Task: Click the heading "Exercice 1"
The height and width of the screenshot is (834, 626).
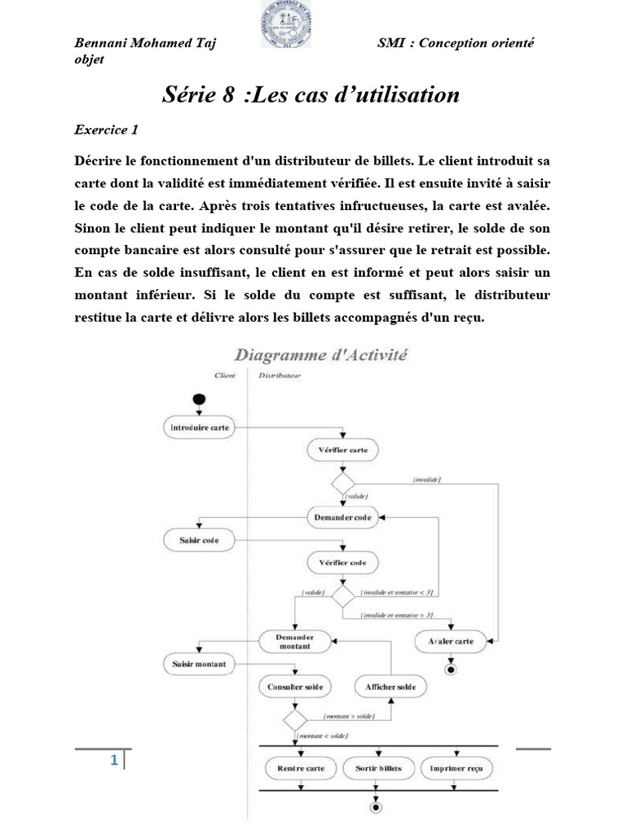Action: pos(106,129)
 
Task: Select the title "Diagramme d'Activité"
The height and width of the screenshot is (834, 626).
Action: pos(320,354)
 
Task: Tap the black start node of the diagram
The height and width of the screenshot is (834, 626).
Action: pos(198,399)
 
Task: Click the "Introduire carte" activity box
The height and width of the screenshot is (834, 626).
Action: pos(199,426)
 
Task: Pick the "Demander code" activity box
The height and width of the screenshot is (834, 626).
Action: pos(342,516)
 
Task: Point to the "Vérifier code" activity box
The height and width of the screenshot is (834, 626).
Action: pos(342,562)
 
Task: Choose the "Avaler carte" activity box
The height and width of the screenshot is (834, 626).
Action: pos(451,641)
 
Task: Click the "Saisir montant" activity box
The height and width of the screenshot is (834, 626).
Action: pos(199,664)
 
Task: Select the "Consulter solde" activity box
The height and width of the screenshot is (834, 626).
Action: pos(295,687)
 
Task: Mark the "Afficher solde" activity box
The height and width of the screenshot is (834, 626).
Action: pos(390,687)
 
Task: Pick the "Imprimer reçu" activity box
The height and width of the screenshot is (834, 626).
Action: pos(456,767)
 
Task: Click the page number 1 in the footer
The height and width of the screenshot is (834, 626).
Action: pos(115,761)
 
